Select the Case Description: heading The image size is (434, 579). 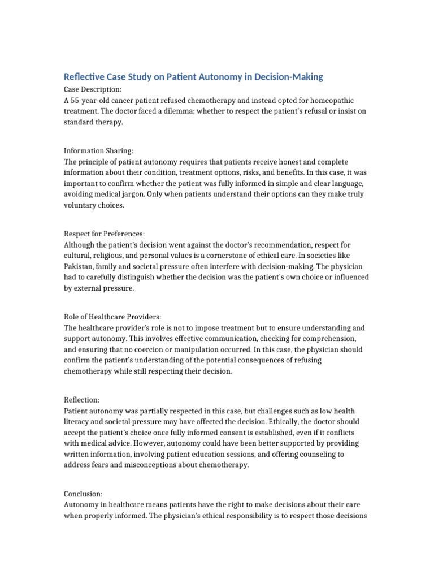click(93, 89)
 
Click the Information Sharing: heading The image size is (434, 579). click(98, 151)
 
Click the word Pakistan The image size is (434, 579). click(80, 267)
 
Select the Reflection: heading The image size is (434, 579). click(82, 400)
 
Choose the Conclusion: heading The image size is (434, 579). click(84, 494)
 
